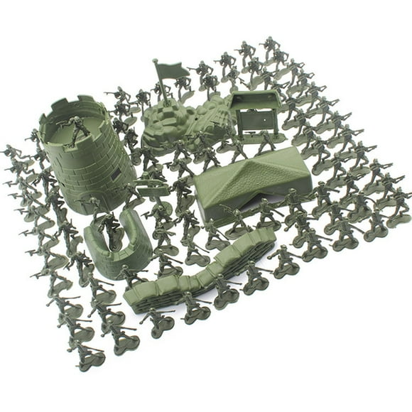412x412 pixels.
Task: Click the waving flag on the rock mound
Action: click(x=171, y=70)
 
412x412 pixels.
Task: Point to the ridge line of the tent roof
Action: click(x=249, y=170)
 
